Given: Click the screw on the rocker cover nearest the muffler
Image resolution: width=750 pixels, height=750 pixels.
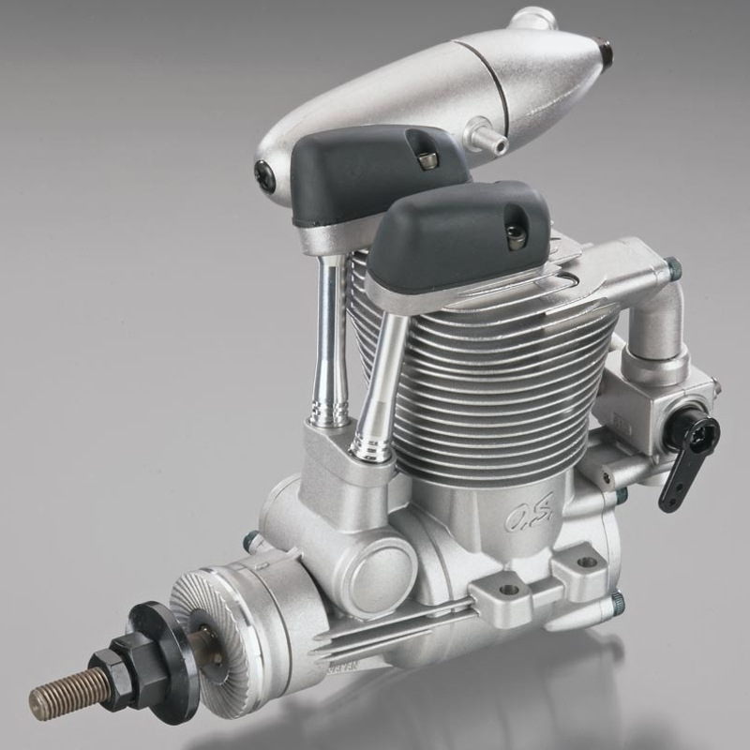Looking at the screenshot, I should coord(427,160).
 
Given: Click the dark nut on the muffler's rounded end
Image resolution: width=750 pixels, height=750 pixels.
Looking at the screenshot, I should coord(264,176).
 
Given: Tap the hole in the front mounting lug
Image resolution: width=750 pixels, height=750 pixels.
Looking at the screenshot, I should coord(509,591).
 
